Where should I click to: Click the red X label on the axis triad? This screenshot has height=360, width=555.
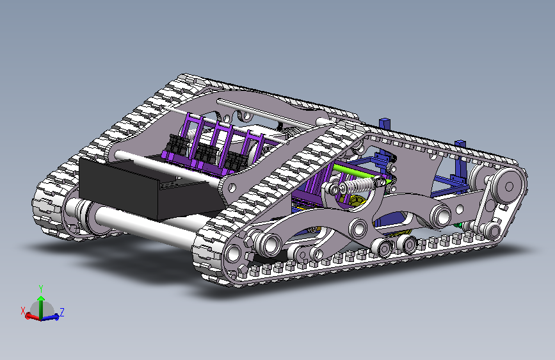point(23,311)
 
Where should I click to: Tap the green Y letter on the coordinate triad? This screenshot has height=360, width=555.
point(41,288)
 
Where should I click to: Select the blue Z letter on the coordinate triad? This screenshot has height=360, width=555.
point(62,312)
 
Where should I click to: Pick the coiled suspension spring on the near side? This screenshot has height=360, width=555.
point(357,185)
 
